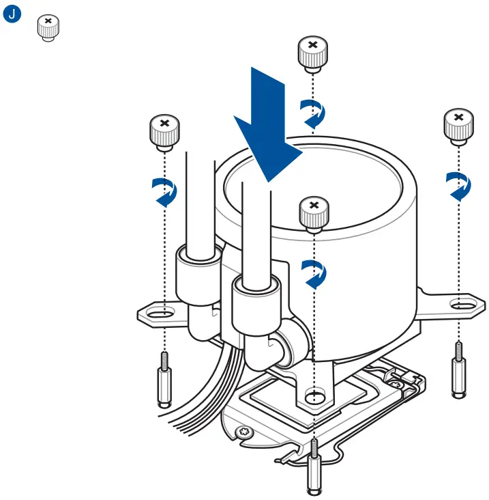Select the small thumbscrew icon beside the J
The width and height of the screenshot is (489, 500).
click(x=47, y=28)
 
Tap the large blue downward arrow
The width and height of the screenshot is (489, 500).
click(x=269, y=126)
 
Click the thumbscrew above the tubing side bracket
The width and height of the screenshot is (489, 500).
click(x=164, y=132)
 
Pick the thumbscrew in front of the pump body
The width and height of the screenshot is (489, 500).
click(x=313, y=212)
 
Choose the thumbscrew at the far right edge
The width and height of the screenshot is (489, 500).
click(x=458, y=126)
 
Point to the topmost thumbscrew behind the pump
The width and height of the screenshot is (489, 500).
click(x=312, y=53)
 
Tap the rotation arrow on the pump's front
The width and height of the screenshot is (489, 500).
click(x=314, y=273)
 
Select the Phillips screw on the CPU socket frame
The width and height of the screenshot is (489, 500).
click(x=243, y=432)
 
